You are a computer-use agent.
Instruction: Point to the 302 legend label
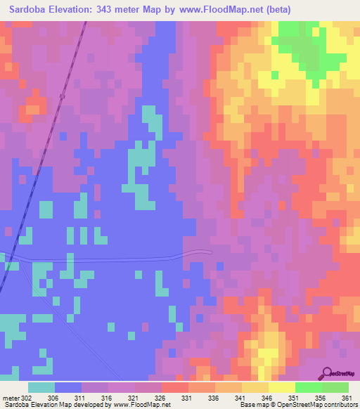click(27, 397)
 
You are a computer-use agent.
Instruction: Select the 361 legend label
click(347, 397)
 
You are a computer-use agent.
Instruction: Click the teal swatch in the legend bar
click(41, 387)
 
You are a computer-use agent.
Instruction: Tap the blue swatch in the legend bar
click(68, 387)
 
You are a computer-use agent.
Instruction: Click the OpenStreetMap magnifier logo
click(326, 373)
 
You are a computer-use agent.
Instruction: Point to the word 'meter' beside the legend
click(11, 397)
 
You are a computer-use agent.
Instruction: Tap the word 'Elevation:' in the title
click(78, 10)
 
